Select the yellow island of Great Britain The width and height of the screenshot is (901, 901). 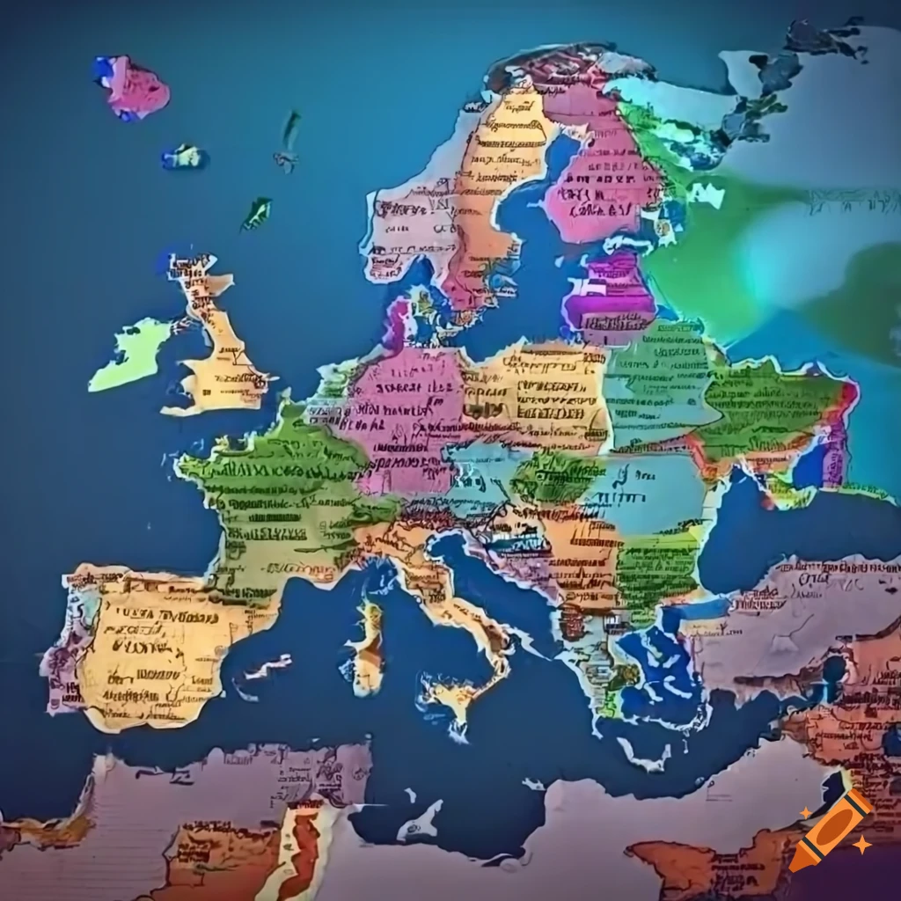click(223, 361)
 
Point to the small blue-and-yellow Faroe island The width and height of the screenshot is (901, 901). click(184, 157)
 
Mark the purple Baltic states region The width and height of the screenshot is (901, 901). click(607, 295)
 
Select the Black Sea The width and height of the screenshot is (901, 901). click(774, 528)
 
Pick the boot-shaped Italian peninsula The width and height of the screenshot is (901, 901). click(440, 590)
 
